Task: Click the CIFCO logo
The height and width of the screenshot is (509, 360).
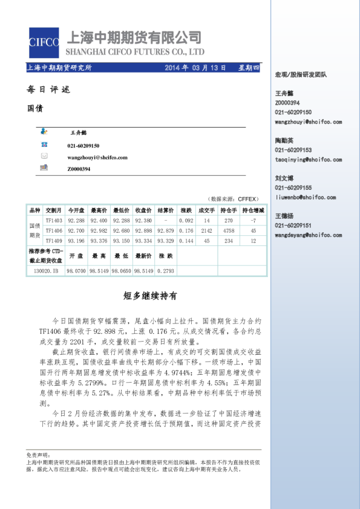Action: pyautogui.click(x=44, y=42)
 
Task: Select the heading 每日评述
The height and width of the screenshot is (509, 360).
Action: pyautogui.click(x=48, y=89)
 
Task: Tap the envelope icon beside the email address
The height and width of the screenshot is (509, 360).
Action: pyautogui.click(x=44, y=157)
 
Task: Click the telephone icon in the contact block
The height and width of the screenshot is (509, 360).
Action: pyautogui.click(x=44, y=145)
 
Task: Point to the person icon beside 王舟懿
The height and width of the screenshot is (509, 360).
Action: pyautogui.click(x=44, y=131)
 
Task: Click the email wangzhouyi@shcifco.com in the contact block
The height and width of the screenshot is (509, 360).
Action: pyautogui.click(x=97, y=157)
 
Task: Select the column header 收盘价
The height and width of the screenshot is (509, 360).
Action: pyautogui.click(x=143, y=210)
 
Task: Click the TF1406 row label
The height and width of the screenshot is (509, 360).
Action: pyautogui.click(x=54, y=230)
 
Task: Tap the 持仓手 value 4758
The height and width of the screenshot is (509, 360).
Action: pyautogui.click(x=229, y=230)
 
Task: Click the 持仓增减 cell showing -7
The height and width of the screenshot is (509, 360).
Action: pyautogui.click(x=253, y=221)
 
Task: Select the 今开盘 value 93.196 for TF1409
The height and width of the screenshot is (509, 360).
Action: pyautogui.click(x=76, y=241)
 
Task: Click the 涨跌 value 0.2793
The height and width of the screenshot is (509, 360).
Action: pyautogui.click(x=166, y=271)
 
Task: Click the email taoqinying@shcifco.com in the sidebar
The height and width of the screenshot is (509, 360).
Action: pyautogui.click(x=309, y=160)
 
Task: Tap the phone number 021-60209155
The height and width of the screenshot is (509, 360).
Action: pyautogui.click(x=293, y=187)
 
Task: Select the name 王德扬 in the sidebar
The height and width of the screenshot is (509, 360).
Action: pyautogui.click(x=284, y=216)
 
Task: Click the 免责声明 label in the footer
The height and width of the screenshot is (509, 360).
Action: pyautogui.click(x=36, y=454)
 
